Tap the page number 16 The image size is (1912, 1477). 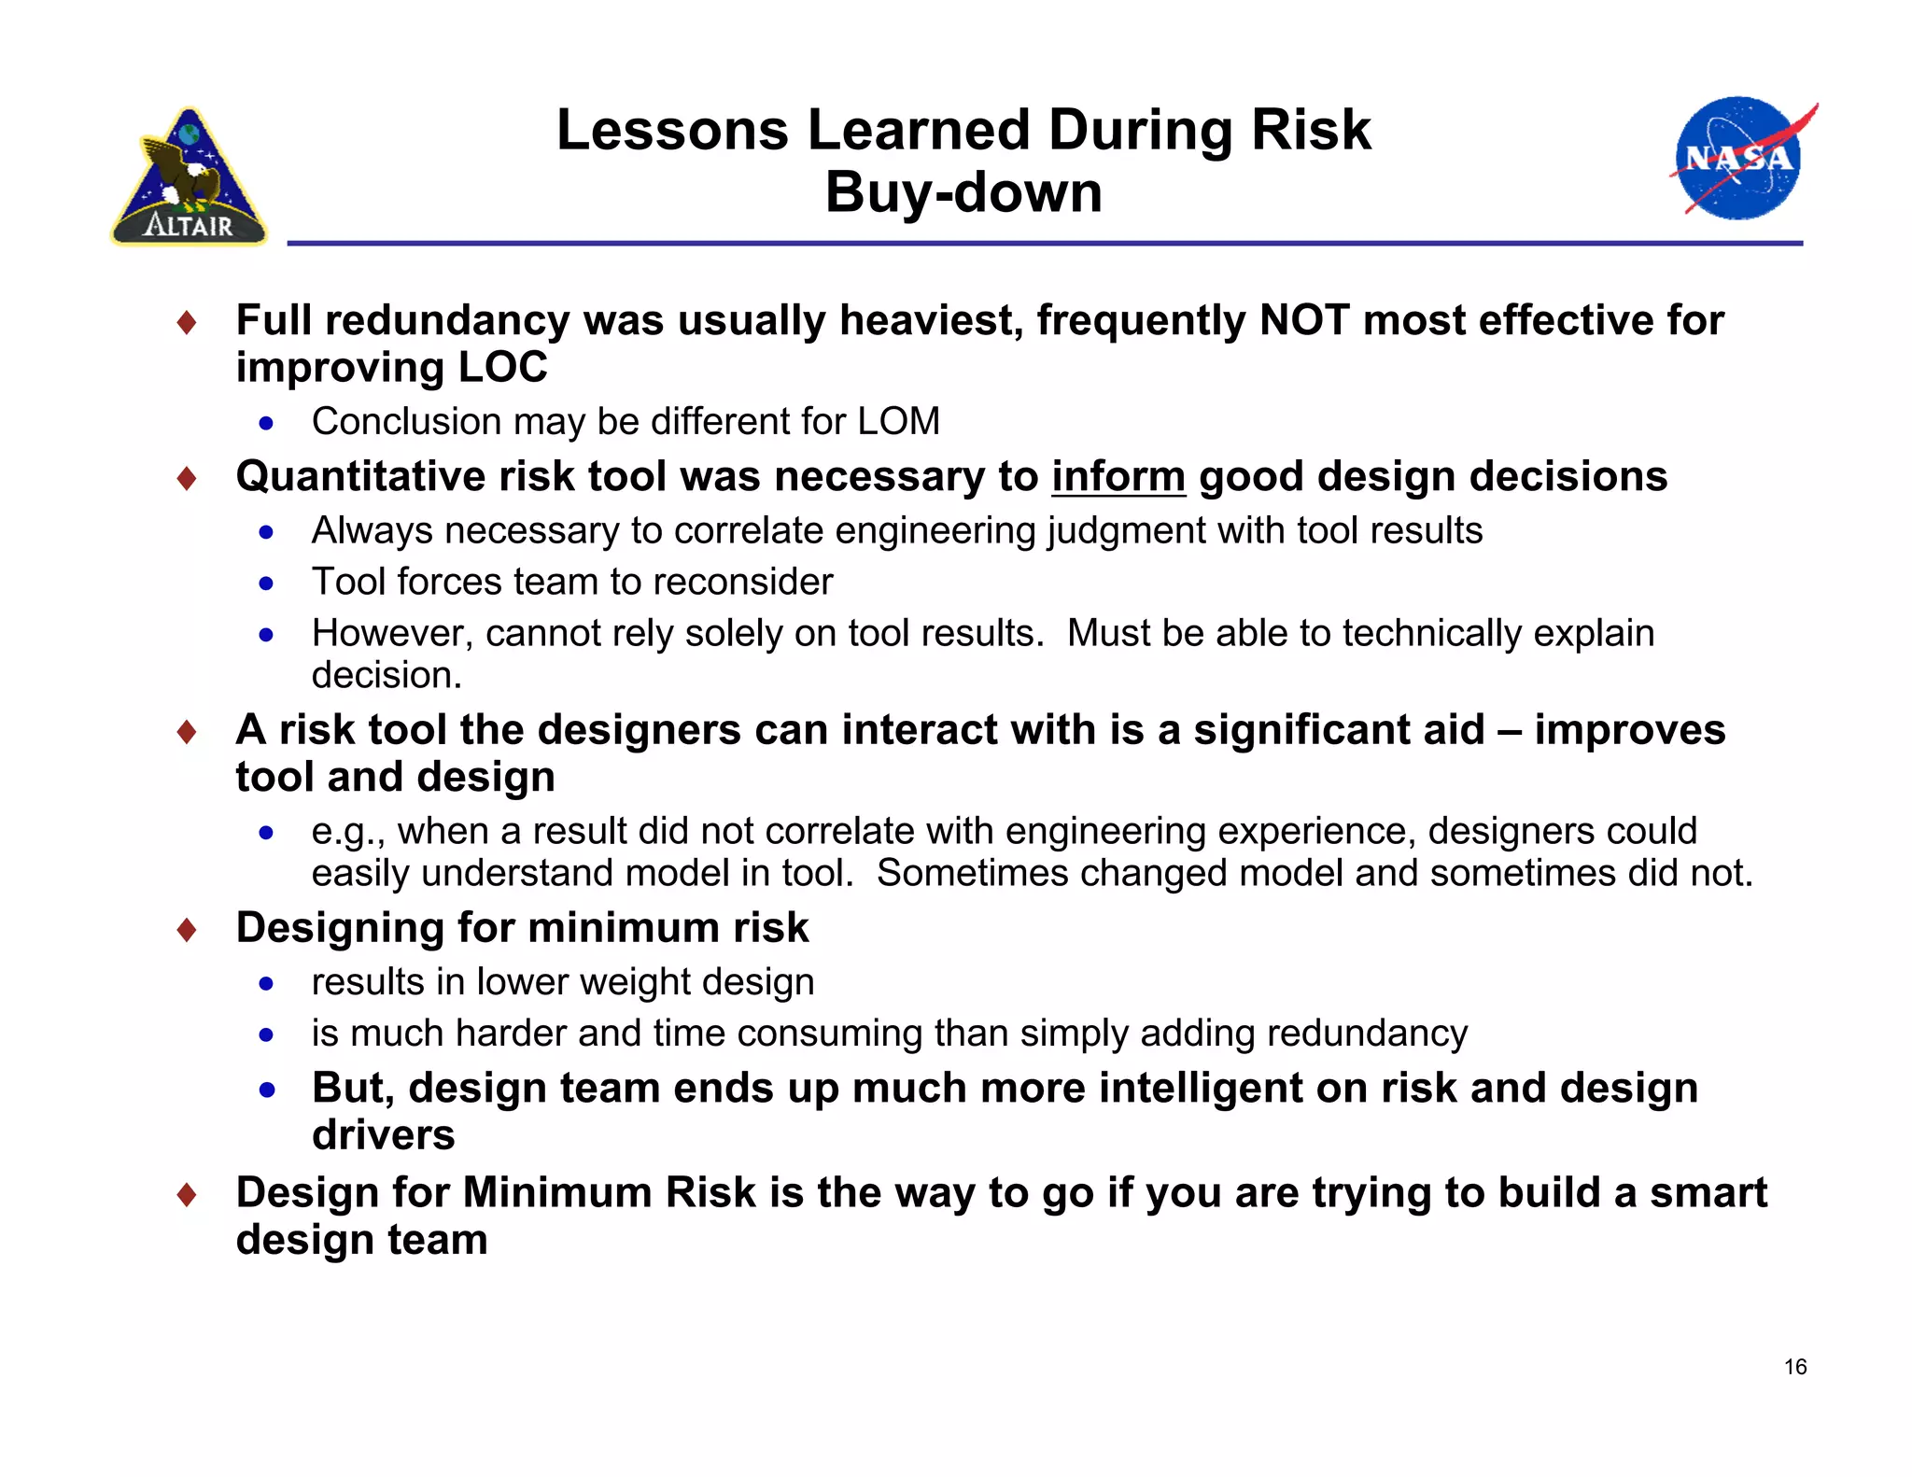click(x=1794, y=1367)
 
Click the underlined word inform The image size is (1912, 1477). click(x=1118, y=476)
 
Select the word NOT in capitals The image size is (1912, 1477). click(x=1303, y=320)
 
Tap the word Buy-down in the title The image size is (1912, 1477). click(x=963, y=192)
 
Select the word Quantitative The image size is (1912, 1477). click(x=359, y=476)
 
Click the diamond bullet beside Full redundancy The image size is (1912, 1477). click(x=187, y=323)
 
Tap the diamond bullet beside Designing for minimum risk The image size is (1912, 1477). click(x=187, y=930)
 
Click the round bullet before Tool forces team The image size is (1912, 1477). click(x=267, y=584)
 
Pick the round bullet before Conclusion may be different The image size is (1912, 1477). click(x=267, y=424)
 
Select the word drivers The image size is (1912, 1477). click(x=383, y=1135)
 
